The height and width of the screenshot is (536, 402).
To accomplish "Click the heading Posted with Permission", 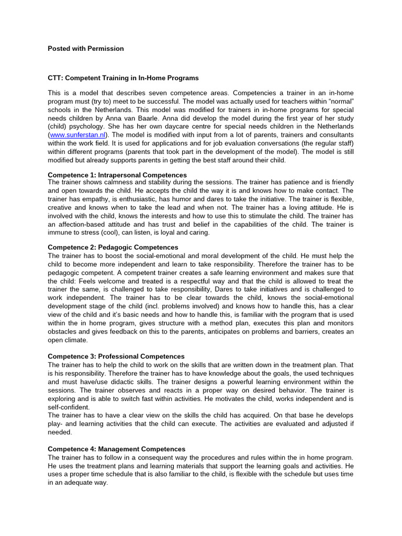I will pyautogui.click(x=86, y=49).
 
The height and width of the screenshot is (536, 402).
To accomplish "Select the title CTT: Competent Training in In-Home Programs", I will pyautogui.click(x=123, y=78).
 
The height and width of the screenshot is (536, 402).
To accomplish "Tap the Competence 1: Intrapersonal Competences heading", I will pyautogui.click(x=117, y=175).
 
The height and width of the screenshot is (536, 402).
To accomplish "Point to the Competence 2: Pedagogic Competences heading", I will pyautogui.click(x=113, y=247).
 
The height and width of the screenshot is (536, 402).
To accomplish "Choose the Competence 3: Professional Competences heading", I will pyautogui.click(x=116, y=356).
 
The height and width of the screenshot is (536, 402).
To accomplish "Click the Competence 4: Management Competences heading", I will pyautogui.click(x=117, y=449).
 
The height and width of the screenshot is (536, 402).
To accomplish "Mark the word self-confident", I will pyautogui.click(x=69, y=407).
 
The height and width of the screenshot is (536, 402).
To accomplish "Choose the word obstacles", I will pyautogui.click(x=64, y=331).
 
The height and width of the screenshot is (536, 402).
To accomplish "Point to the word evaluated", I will pyautogui.click(x=288, y=424).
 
